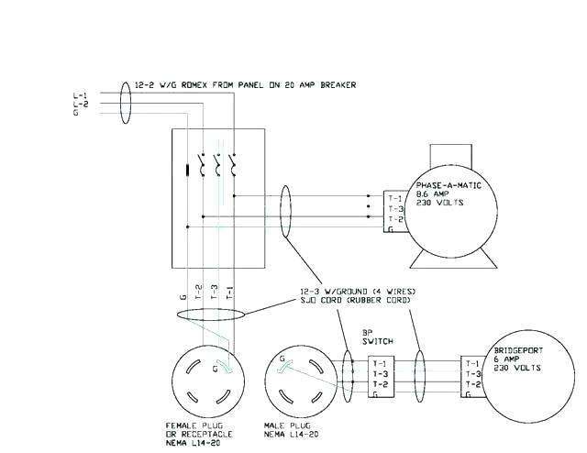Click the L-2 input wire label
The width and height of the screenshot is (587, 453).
[80, 105]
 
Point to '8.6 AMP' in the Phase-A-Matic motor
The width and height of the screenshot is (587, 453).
[429, 195]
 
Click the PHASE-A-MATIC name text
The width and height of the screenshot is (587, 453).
[447, 186]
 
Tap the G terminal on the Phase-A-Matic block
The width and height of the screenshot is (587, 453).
[392, 231]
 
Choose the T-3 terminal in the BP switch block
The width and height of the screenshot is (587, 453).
[378, 374]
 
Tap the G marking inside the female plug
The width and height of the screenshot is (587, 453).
[215, 370]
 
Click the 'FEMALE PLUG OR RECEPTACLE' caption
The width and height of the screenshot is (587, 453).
[199, 430]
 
